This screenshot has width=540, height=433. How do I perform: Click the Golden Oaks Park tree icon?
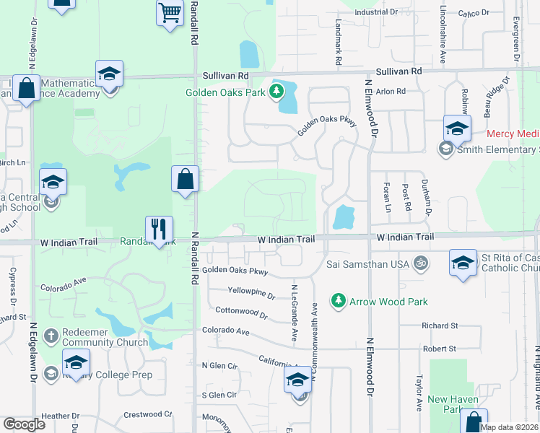275,92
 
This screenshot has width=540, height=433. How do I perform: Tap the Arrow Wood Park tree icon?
337,299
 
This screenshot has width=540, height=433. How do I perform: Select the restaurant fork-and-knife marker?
159,230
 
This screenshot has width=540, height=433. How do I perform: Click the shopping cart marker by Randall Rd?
169,12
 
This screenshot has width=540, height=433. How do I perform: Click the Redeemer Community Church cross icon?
51,335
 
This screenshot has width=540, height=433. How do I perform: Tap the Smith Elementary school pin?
456,130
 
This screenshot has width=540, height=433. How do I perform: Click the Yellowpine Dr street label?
251,295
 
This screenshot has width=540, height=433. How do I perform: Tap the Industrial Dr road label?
377,12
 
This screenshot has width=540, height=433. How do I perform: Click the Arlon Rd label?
391,92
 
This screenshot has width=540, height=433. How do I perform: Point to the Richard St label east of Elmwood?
440,326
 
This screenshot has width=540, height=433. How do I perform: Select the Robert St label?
440,348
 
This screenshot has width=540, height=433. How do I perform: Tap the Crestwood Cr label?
148,414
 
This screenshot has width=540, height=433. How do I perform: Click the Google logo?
24,424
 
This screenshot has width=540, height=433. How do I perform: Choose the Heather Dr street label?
60,416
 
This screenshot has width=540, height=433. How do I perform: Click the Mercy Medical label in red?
513,134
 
